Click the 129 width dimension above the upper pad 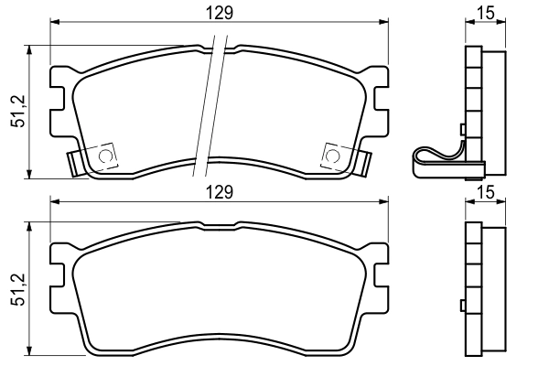(218, 14)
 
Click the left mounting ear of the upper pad (59, 91)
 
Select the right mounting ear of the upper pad (377, 91)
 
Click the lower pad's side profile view (484, 288)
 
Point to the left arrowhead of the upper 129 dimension (53, 25)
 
